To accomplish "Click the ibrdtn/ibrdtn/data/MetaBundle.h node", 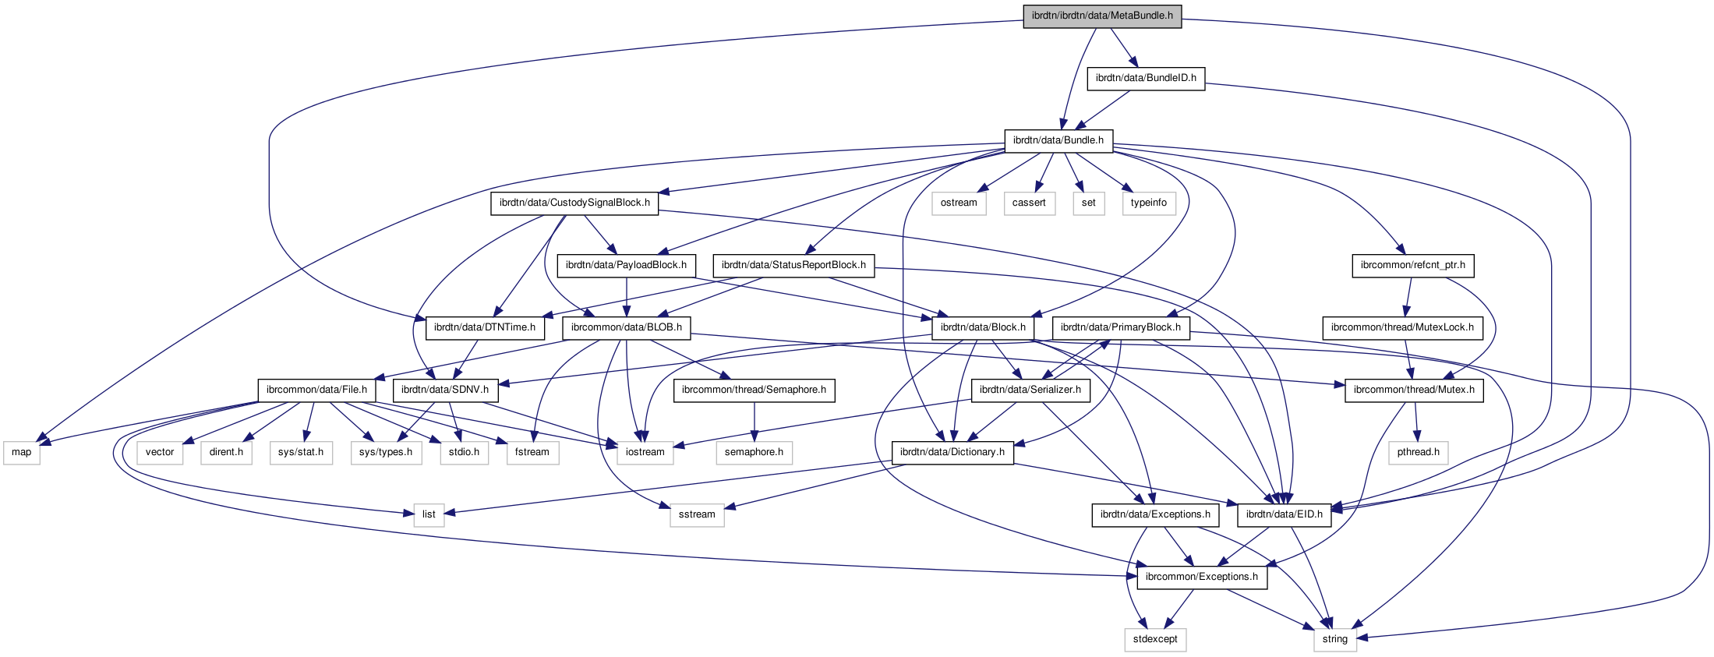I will pyautogui.click(x=1102, y=16).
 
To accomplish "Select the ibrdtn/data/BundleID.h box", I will pyautogui.click(x=1146, y=78).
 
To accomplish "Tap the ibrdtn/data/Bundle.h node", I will pyautogui.click(x=1058, y=140).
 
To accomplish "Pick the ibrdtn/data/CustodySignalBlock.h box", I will pyautogui.click(x=574, y=203).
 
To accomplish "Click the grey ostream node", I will pyautogui.click(x=959, y=203).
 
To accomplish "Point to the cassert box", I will pyautogui.click(x=1029, y=203).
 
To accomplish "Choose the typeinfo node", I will pyautogui.click(x=1149, y=203).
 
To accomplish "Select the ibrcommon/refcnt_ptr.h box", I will pyautogui.click(x=1412, y=265).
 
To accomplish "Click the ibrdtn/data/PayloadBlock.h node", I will pyautogui.click(x=626, y=265).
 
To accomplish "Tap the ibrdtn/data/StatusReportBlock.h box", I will pyautogui.click(x=793, y=265).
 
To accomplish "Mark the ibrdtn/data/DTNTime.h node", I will pyautogui.click(x=485, y=327).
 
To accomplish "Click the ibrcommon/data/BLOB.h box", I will pyautogui.click(x=626, y=327).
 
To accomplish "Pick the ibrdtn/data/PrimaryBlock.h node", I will pyautogui.click(x=1121, y=327).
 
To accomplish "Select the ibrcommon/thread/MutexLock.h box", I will pyautogui.click(x=1402, y=327).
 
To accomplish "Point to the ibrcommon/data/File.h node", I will pyautogui.click(x=316, y=390).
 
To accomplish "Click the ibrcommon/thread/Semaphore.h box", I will pyautogui.click(x=754, y=390).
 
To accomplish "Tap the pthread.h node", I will pyautogui.click(x=1418, y=452).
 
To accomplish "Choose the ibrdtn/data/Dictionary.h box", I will pyautogui.click(x=952, y=452).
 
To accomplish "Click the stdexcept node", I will pyautogui.click(x=1155, y=639).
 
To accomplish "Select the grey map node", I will pyautogui.click(x=22, y=452).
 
